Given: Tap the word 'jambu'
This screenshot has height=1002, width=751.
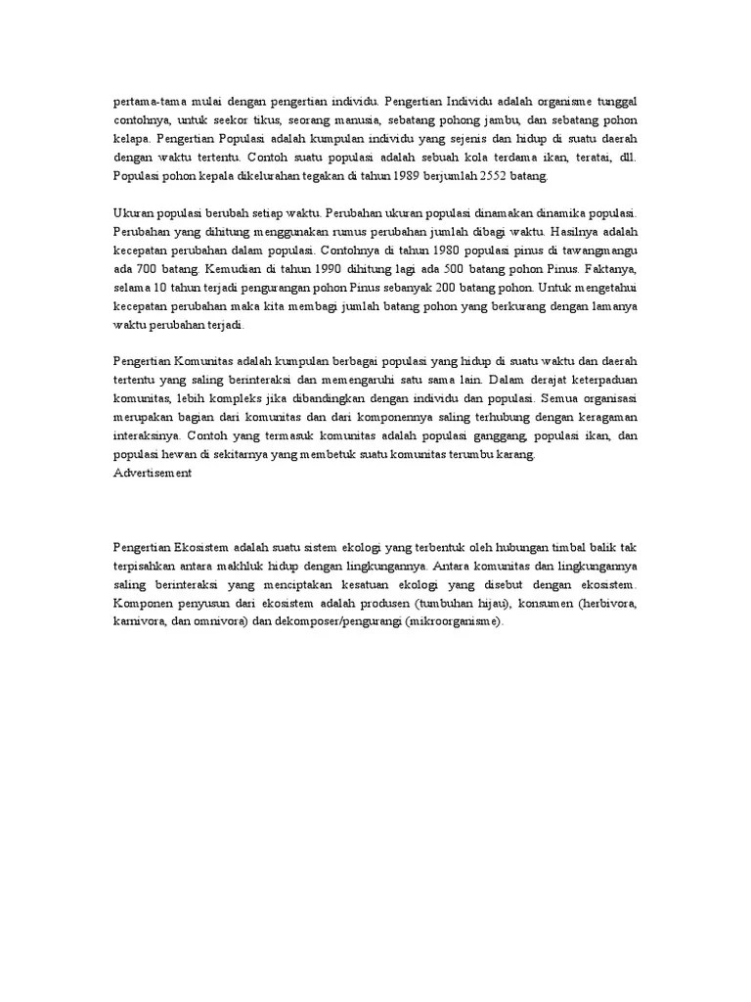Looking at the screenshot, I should (502, 119).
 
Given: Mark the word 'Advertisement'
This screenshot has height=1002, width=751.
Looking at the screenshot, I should (153, 473).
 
